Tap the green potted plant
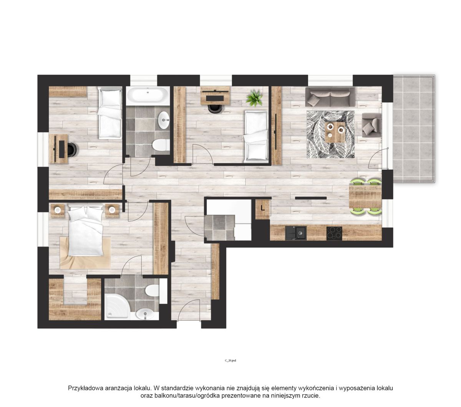pos(255,98)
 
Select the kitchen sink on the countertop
pos(296,233)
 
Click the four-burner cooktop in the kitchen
pos(334,233)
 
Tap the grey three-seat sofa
pos(330,97)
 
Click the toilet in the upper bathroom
pos(161,145)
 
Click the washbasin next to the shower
pos(145,314)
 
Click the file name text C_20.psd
pos(230,361)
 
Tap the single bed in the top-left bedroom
pos(109,114)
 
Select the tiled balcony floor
pos(414,129)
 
